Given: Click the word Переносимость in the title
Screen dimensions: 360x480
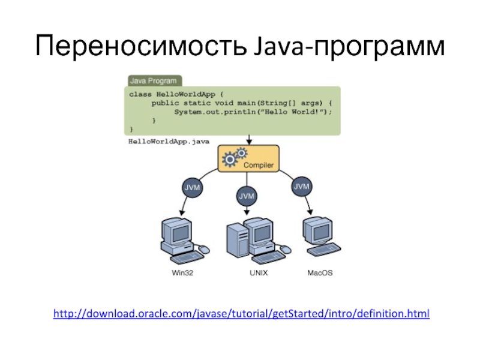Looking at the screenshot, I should (138, 46).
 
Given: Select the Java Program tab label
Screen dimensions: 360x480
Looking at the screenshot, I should (154, 80).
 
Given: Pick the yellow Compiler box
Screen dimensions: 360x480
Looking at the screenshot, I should (248, 159).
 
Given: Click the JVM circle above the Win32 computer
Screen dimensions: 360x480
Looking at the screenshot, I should (191, 188).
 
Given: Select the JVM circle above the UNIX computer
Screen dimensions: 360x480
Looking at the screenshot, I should (247, 196).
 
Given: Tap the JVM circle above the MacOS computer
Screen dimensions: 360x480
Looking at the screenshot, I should (302, 187).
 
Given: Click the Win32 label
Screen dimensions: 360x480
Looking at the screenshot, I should (183, 274).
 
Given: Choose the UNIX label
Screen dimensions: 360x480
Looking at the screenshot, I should (258, 274).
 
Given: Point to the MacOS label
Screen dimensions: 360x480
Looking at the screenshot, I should (320, 274).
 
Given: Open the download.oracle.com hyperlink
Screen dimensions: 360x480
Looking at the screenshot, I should (241, 314).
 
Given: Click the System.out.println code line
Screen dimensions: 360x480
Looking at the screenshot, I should (253, 112).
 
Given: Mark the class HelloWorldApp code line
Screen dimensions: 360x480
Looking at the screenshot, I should (176, 95).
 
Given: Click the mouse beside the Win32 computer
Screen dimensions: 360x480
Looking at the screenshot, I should (204, 248).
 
